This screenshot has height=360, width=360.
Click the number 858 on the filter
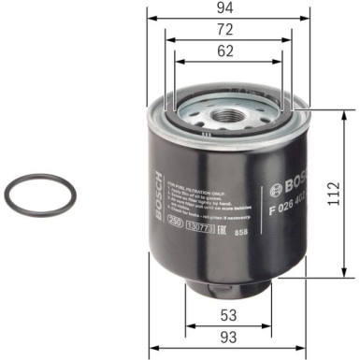[x=241, y=230]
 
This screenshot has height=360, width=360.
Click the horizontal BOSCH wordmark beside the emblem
[x=287, y=179]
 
